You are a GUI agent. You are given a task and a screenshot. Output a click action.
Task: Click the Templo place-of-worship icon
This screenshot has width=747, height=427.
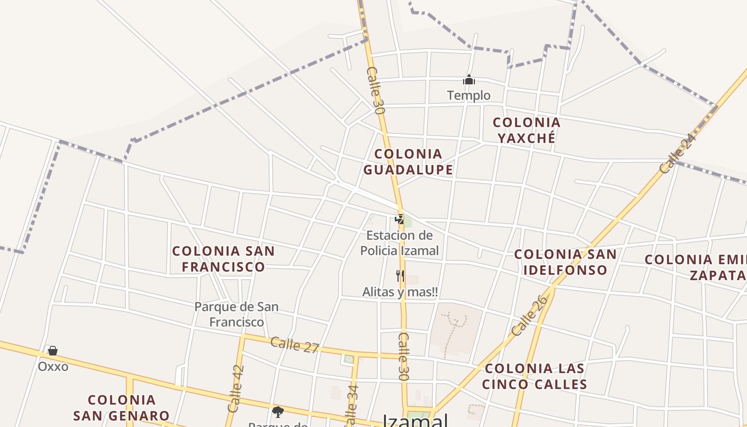(469, 81)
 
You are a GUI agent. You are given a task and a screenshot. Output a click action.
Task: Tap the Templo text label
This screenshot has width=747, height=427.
(469, 96)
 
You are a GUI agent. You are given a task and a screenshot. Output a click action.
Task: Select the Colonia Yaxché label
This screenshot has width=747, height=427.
(527, 130)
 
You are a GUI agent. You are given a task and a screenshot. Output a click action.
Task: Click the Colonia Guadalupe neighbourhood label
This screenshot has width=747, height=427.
(408, 162)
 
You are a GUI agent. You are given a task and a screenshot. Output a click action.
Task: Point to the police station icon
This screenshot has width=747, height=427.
(400, 219)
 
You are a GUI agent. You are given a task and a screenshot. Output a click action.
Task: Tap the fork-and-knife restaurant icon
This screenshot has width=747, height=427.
(400, 276)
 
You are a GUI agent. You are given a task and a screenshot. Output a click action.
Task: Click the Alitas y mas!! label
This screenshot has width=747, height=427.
(400, 292)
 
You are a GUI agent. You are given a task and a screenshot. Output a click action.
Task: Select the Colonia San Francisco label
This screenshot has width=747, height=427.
(224, 259)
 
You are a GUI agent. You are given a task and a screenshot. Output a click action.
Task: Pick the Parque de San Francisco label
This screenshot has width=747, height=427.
(236, 314)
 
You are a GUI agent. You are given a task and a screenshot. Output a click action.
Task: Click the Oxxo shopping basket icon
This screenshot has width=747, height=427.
(52, 351)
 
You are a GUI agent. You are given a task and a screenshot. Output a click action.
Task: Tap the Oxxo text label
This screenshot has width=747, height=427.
(53, 367)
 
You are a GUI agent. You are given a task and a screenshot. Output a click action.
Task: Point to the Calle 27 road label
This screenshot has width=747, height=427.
(295, 345)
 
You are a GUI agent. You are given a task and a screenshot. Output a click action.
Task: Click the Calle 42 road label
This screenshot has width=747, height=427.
(235, 389)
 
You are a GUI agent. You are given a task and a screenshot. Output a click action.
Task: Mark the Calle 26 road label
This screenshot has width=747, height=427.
(529, 315)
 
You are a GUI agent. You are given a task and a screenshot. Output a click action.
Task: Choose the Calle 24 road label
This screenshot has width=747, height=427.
(678, 154)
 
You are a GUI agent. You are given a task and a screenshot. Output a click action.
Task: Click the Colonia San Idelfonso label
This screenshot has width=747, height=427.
(565, 262)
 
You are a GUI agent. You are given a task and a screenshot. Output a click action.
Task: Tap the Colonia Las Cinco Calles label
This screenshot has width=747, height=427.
(535, 376)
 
